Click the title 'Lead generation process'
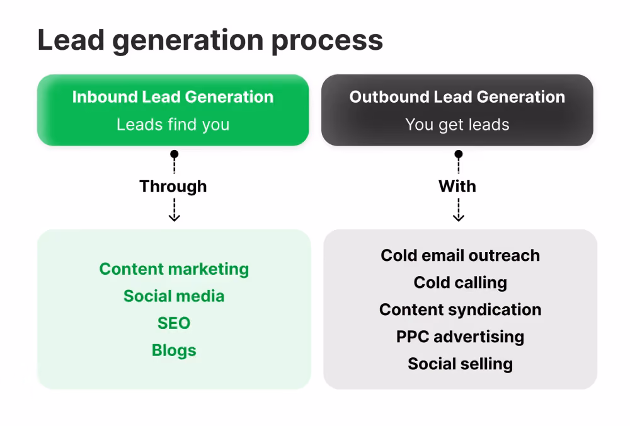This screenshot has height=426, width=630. point(210,41)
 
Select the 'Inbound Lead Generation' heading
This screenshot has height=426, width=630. point(173,97)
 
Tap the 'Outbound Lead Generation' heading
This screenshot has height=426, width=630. point(457,97)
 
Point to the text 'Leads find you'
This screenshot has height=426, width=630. point(173,125)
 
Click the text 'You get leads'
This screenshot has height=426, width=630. point(457,125)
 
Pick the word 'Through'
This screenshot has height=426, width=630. point(173,187)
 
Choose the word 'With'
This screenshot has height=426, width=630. point(457,187)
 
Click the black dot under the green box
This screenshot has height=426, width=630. point(174,154)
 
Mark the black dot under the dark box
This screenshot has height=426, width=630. point(459,154)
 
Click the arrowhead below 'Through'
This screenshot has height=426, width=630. point(174,217)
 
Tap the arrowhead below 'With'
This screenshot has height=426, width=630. point(459,217)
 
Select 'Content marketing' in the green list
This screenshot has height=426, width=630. point(174,269)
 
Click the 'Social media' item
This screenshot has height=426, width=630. point(174,296)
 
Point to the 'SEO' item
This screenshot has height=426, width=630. point(174,323)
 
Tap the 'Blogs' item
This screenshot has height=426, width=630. point(174,350)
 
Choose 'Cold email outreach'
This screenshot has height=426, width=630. point(461,256)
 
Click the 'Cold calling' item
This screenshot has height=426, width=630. point(461,283)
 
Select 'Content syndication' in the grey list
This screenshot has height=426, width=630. point(461,310)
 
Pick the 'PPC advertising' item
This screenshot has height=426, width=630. point(461,337)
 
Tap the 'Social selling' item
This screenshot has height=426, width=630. point(461,364)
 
